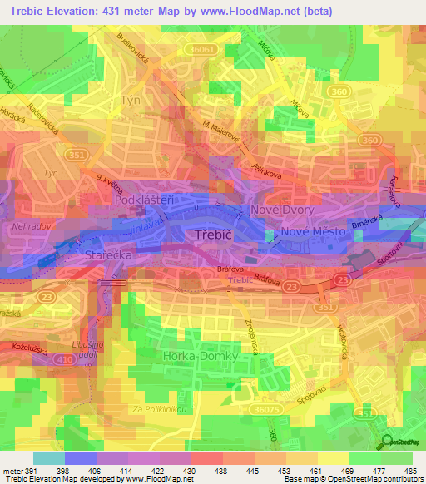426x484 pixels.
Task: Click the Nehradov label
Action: tap(32, 225)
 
